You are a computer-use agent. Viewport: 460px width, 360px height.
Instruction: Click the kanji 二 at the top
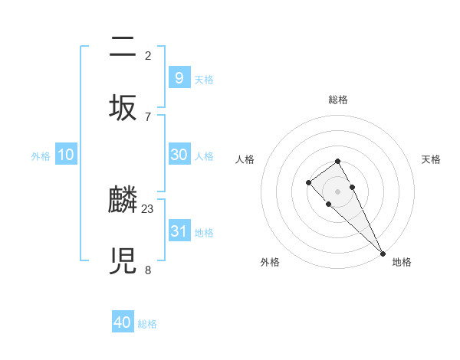[x=123, y=49]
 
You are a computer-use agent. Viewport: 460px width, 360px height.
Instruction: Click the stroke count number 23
[x=148, y=208]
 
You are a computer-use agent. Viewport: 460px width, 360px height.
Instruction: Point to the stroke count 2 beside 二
[x=148, y=55]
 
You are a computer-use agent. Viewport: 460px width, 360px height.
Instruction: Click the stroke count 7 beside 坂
[x=148, y=116]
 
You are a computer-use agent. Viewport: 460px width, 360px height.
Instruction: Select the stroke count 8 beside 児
[x=148, y=270]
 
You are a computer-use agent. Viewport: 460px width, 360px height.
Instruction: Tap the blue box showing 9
[x=179, y=77]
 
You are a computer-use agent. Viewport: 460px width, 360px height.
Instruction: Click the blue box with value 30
[x=179, y=155]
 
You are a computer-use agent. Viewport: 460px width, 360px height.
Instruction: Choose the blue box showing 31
[x=179, y=231]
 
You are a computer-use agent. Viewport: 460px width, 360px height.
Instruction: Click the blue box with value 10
[x=66, y=155]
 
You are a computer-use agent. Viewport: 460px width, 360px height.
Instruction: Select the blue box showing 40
[x=123, y=322]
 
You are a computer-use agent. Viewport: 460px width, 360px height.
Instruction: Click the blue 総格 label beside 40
[x=147, y=324]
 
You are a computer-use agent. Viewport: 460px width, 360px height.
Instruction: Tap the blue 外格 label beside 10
[x=41, y=156]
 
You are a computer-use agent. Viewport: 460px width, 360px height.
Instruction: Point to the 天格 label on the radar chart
[x=431, y=159]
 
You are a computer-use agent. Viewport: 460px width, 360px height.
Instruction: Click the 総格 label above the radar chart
[x=337, y=100]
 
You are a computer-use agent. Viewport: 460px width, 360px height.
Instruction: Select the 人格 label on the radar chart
[x=245, y=159]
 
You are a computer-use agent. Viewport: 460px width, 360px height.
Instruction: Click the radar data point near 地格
[x=383, y=254]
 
